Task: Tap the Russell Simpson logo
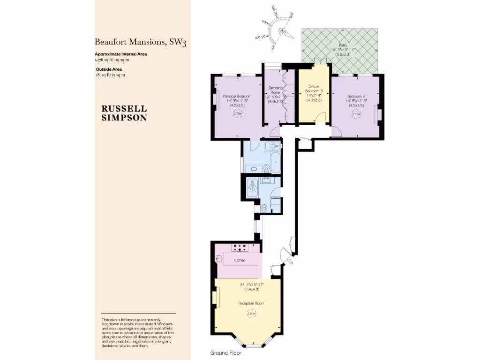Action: click(124, 113)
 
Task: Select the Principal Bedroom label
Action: click(237, 96)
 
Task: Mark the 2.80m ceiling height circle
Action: click(251, 314)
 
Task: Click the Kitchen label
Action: click(240, 260)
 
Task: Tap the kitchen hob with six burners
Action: click(240, 247)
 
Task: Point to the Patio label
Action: click(336, 45)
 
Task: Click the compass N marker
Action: click(283, 32)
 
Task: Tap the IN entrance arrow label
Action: click(291, 262)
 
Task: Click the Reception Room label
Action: click(251, 303)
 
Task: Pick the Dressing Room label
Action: click(275, 90)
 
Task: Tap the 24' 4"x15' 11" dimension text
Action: click(251, 284)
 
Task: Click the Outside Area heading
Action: click(109, 69)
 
